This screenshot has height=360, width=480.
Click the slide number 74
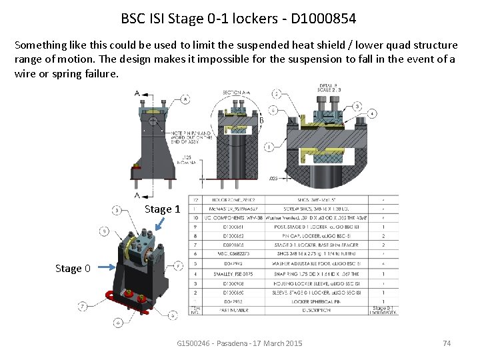[447, 343]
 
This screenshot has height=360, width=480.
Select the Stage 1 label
[162, 209]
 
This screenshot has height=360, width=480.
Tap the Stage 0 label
[73, 269]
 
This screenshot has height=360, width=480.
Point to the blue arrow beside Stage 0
[103, 268]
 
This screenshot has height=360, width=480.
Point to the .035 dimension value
[273, 179]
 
